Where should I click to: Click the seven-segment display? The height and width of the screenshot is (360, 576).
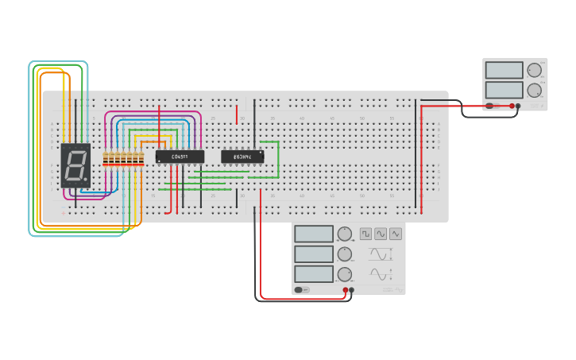pyautogui.click(x=75, y=165)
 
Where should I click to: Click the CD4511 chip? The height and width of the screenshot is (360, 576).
pyautogui.click(x=180, y=157)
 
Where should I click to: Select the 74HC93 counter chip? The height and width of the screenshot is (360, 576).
pyautogui.click(x=242, y=157)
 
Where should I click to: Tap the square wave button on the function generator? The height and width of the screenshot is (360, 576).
pyautogui.click(x=365, y=234)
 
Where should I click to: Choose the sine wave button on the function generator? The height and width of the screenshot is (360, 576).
pyautogui.click(x=381, y=234)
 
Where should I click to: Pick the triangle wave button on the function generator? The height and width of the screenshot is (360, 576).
pyautogui.click(x=396, y=234)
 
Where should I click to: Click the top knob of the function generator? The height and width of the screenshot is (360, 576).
pyautogui.click(x=344, y=234)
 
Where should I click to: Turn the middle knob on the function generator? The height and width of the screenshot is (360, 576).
pyautogui.click(x=344, y=254)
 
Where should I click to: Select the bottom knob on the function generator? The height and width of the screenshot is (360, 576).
pyautogui.click(x=344, y=274)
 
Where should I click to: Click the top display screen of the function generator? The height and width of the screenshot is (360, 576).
pyautogui.click(x=314, y=234)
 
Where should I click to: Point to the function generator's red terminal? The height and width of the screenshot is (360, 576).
pyautogui.click(x=346, y=290)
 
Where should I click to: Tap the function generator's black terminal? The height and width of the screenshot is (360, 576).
pyautogui.click(x=352, y=290)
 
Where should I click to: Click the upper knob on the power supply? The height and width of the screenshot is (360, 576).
pyautogui.click(x=534, y=70)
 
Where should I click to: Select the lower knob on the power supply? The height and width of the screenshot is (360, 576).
pyautogui.click(x=534, y=90)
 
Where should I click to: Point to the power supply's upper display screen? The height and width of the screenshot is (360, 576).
pyautogui.click(x=504, y=70)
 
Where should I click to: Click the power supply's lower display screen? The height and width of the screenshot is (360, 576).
pyautogui.click(x=504, y=90)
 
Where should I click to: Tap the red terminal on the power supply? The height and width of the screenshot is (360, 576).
pyautogui.click(x=512, y=106)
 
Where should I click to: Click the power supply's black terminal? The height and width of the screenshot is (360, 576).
pyautogui.click(x=518, y=106)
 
